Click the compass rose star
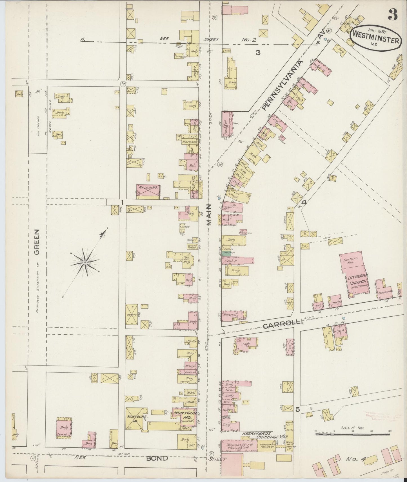click(x=84, y=262)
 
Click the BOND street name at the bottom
click(x=157, y=458)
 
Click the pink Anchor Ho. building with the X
click(x=148, y=191)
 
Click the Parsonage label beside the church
click(x=384, y=292)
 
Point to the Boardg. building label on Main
click(x=228, y=316)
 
